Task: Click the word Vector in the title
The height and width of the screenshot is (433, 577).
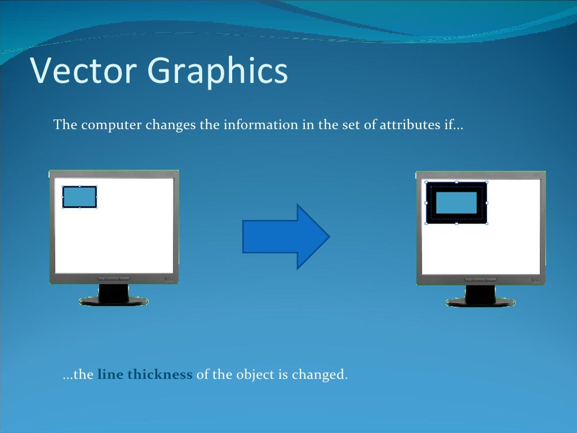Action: [x=83, y=71]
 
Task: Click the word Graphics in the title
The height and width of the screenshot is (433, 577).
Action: [x=218, y=72]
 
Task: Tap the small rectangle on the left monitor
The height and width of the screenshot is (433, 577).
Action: [x=79, y=197]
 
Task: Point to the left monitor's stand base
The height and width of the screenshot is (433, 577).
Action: [x=113, y=301]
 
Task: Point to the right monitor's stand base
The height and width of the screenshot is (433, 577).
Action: [x=481, y=302]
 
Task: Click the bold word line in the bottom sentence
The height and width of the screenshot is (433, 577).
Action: [x=110, y=374]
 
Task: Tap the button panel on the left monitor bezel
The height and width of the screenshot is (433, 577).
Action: [x=113, y=279]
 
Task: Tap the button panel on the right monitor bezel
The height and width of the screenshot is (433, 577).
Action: [x=481, y=279]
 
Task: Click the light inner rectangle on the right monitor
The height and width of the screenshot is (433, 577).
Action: [x=456, y=202]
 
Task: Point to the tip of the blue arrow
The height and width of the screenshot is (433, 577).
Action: [x=328, y=237]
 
